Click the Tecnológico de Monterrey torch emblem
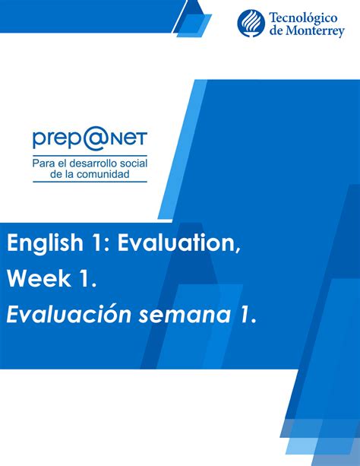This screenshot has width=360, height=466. (x=251, y=23)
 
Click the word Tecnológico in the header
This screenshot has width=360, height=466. (x=303, y=18)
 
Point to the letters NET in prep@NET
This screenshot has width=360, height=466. (x=125, y=139)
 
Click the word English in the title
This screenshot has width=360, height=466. (x=45, y=243)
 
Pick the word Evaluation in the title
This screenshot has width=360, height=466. (x=177, y=243)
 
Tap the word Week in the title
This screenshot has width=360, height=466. (x=39, y=278)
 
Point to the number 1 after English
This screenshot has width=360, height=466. (x=96, y=243)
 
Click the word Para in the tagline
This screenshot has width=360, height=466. (x=42, y=163)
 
